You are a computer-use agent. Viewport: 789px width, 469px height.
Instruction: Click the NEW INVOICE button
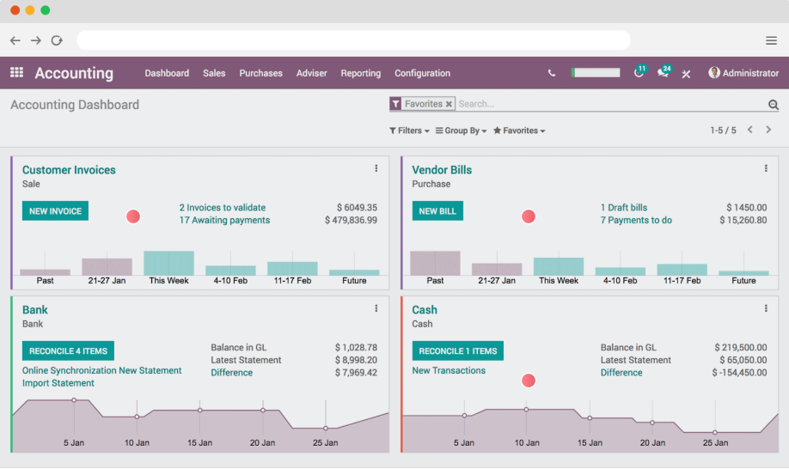pyautogui.click(x=55, y=211)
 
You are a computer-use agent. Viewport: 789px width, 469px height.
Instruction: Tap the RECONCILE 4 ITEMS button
pyautogui.click(x=68, y=351)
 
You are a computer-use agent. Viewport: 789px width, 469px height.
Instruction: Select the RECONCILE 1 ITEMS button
pyautogui.click(x=457, y=351)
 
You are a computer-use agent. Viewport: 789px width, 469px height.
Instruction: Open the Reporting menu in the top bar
pyautogui.click(x=360, y=74)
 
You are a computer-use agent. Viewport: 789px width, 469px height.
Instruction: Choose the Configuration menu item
pyautogui.click(x=422, y=74)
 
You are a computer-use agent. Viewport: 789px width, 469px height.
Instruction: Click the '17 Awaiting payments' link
pyautogui.click(x=224, y=221)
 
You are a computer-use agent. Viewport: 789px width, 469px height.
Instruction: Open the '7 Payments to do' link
pyautogui.click(x=636, y=221)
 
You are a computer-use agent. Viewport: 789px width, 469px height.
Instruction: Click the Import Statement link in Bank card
pyautogui.click(x=58, y=383)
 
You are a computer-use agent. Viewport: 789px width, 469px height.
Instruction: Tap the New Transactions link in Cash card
pyautogui.click(x=449, y=371)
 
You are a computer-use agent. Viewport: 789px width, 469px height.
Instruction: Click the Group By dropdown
pyautogui.click(x=462, y=131)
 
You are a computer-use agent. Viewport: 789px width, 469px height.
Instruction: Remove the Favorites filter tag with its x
pyautogui.click(x=449, y=104)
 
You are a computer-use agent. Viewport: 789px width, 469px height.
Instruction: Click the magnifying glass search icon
pyautogui.click(x=773, y=105)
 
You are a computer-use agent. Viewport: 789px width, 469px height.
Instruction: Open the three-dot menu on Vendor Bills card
pyautogui.click(x=766, y=168)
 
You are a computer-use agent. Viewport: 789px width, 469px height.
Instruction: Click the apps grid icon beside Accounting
pyautogui.click(x=17, y=73)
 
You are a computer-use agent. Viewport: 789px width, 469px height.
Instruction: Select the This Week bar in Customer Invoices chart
pyautogui.click(x=168, y=263)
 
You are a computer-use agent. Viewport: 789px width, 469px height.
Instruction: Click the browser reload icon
pyautogui.click(x=57, y=40)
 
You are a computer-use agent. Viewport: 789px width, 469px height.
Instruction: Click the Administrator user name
pyautogui.click(x=749, y=74)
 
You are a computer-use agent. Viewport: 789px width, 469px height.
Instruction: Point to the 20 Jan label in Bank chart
pyautogui.click(x=262, y=443)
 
